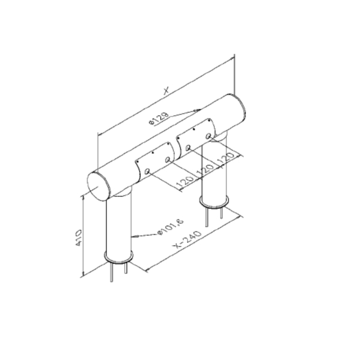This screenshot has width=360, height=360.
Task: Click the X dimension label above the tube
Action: pyautogui.click(x=166, y=91)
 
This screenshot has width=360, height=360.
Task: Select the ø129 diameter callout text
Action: pyautogui.click(x=159, y=119)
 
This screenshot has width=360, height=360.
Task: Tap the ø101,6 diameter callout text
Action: pyautogui.click(x=171, y=227)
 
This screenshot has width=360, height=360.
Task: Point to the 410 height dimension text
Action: pyautogui.click(x=79, y=238)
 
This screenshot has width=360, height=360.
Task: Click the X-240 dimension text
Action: pyautogui.click(x=187, y=239)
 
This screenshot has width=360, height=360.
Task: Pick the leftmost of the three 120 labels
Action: pyautogui.click(x=185, y=181)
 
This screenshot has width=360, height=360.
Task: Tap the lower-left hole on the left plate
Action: pyautogui.click(x=147, y=171)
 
